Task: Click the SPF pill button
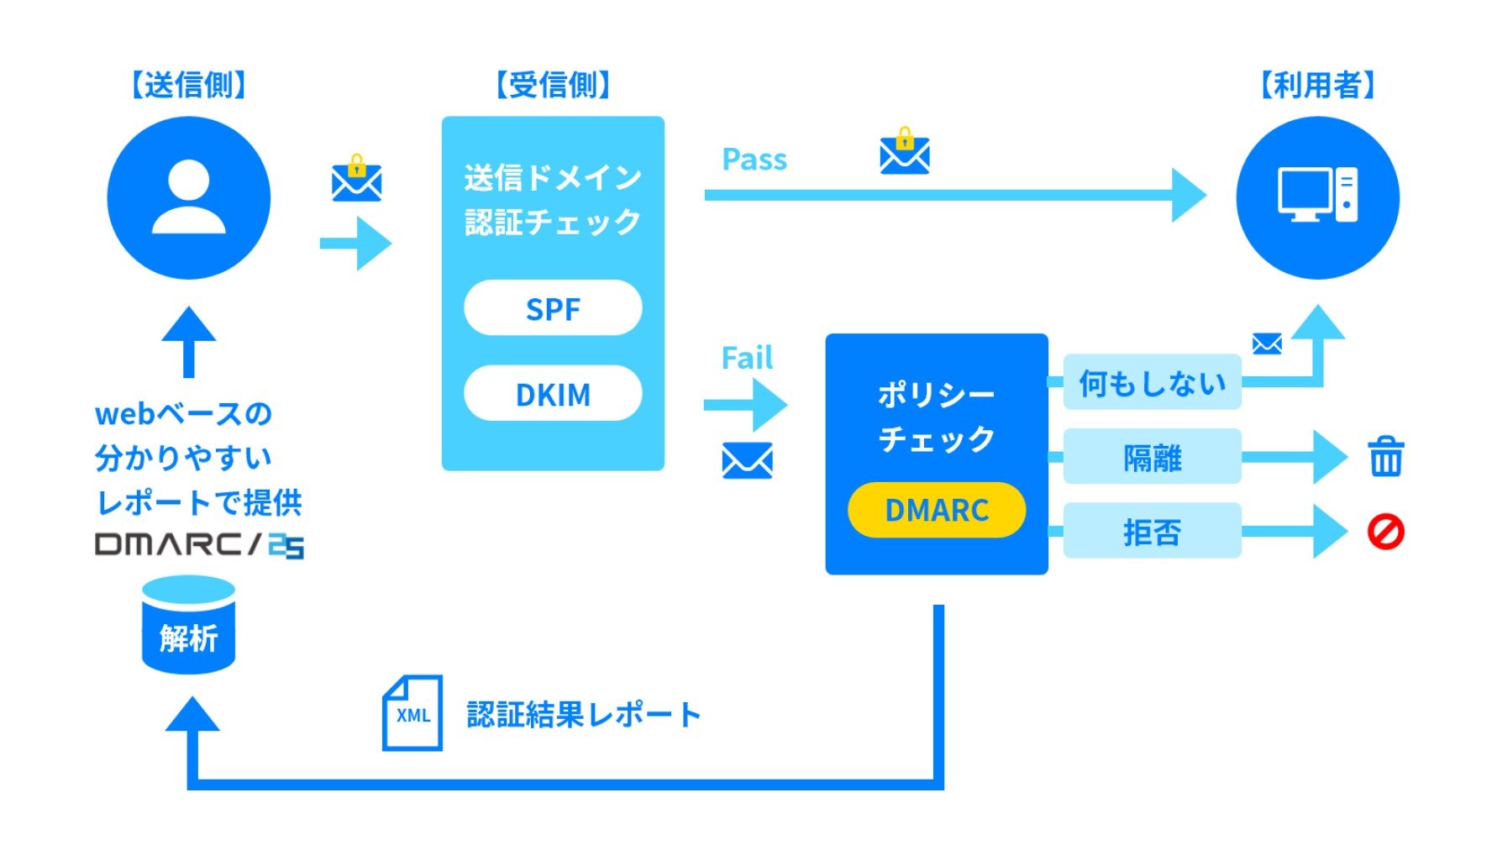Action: click(x=553, y=308)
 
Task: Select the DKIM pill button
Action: click(x=553, y=394)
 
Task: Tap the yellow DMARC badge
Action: click(x=937, y=510)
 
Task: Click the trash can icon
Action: click(x=1385, y=457)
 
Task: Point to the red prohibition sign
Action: click(x=1385, y=532)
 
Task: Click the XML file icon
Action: click(x=412, y=713)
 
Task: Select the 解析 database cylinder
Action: click(x=188, y=626)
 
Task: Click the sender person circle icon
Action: click(x=189, y=198)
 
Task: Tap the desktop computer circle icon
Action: click(x=1317, y=198)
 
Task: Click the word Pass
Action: click(x=754, y=160)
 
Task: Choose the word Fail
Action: click(x=747, y=359)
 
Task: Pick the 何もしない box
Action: click(x=1152, y=383)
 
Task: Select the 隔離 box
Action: click(x=1152, y=458)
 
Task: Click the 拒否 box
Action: click(x=1152, y=532)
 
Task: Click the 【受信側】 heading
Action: click(x=553, y=85)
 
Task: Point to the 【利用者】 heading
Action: click(x=1317, y=85)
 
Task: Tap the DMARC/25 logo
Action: click(x=199, y=545)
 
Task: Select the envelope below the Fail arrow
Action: click(x=747, y=461)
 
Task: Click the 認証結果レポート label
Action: click(x=583, y=715)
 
